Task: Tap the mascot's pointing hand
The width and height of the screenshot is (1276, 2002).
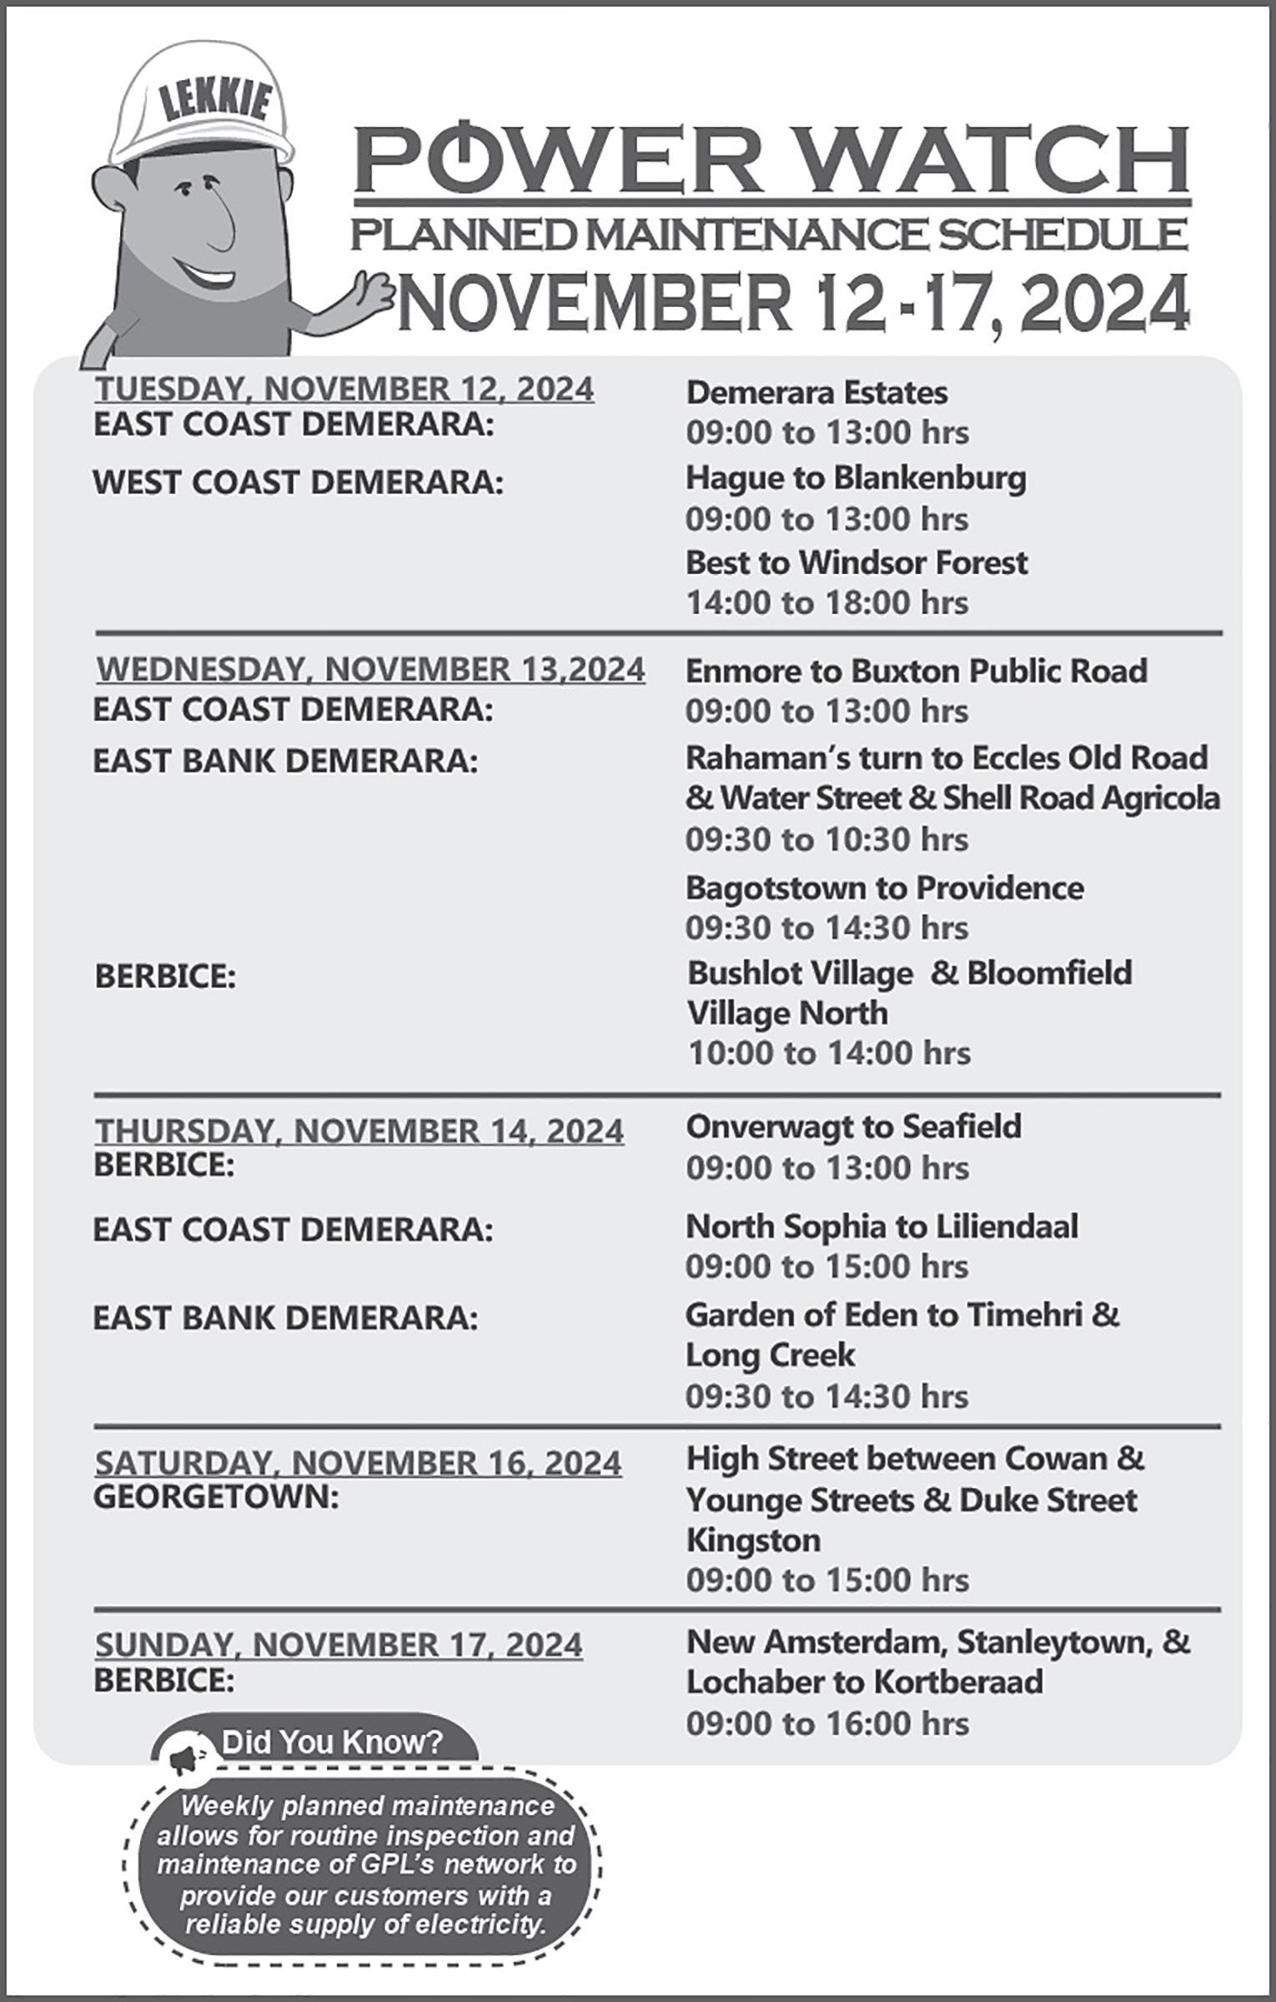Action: tap(373, 295)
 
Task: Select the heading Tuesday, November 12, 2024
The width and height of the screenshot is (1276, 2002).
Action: tap(344, 389)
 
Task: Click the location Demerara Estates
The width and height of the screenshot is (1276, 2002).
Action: tap(816, 392)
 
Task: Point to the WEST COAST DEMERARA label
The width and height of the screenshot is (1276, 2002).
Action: tap(298, 482)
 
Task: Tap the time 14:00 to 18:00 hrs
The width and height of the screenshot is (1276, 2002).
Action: tap(826, 602)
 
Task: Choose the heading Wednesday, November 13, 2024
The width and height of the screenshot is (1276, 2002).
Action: tap(370, 669)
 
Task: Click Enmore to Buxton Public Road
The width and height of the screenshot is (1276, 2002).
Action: tap(916, 671)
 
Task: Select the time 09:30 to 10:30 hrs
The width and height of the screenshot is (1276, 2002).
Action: tap(826, 838)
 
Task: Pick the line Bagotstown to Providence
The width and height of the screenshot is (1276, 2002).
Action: tap(884, 888)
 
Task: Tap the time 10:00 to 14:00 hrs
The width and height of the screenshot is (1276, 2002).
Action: tap(828, 1053)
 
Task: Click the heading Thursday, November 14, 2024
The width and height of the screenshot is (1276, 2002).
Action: tap(359, 1130)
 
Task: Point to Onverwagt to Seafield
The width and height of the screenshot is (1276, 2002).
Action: tap(853, 1126)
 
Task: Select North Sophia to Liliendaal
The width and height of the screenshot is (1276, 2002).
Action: tap(882, 1226)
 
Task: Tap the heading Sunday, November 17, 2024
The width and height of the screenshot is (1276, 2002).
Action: tap(339, 1644)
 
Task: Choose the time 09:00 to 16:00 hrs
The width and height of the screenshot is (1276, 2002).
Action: tap(827, 1723)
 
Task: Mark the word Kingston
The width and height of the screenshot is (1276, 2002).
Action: tap(753, 1540)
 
